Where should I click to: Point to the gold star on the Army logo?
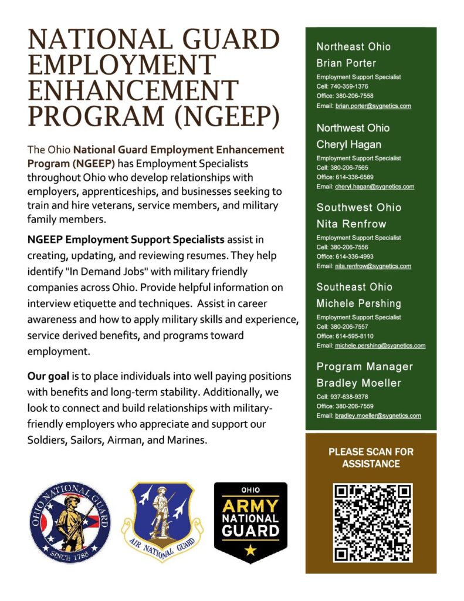(x=250, y=550)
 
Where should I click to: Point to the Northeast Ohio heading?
(x=353, y=47)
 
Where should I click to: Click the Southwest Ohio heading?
(x=358, y=207)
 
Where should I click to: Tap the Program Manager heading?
(x=364, y=367)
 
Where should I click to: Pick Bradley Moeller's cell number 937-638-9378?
(x=350, y=397)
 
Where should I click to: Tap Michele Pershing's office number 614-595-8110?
(x=353, y=336)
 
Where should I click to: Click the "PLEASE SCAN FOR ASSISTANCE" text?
(x=371, y=458)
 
